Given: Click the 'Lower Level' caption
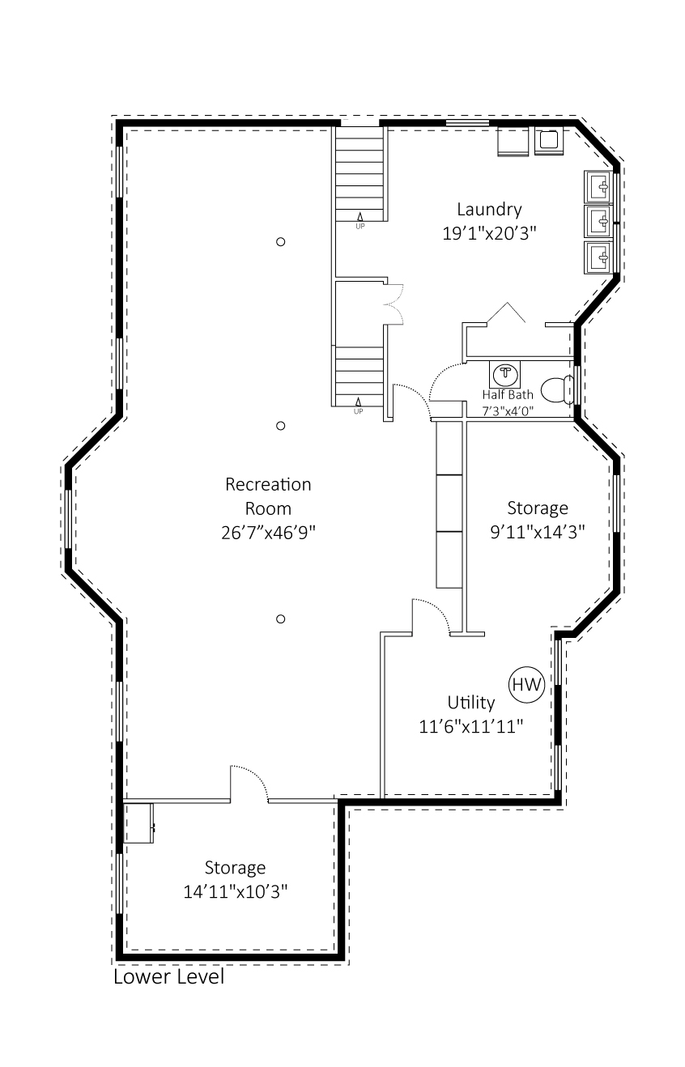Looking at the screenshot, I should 168,976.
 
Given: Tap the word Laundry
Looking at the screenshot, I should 489,210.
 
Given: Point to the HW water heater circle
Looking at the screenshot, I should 526,684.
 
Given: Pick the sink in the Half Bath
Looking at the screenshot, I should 505,374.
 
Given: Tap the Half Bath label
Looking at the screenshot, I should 508,394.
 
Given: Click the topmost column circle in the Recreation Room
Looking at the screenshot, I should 281,241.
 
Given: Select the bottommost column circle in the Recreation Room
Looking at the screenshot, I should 281,619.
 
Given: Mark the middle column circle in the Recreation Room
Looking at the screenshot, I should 281,426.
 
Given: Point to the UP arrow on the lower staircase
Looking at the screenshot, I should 358,402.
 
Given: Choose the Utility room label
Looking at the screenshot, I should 471,702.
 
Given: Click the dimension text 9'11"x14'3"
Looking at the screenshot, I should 538,532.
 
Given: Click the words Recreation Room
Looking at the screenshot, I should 268,496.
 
